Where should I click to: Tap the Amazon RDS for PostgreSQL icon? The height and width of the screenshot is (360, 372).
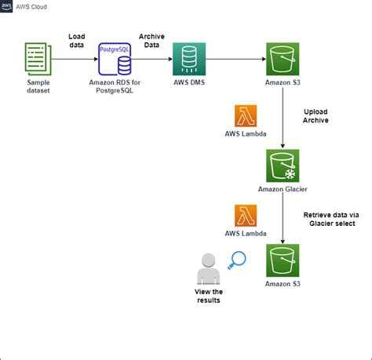coord(115,60)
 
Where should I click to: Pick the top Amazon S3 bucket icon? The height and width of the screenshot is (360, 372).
coord(283,59)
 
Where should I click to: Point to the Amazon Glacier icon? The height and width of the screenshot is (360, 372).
coord(283,165)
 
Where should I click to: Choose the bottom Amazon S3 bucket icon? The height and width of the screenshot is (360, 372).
coord(283,260)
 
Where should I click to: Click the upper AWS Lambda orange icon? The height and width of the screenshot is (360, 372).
coord(246,117)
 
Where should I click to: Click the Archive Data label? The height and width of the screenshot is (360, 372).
coord(151,42)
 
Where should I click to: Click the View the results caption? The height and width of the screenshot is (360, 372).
coord(209,295)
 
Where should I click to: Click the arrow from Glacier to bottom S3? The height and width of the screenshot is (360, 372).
coord(283,216)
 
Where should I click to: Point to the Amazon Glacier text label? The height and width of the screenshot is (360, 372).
coord(283,189)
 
